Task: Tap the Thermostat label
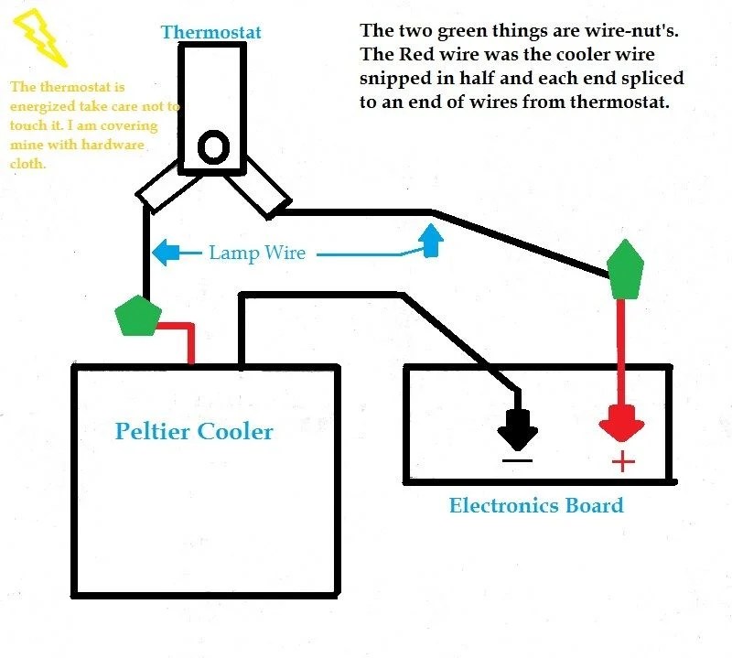point(210,32)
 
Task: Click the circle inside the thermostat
point(214,147)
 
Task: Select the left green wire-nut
point(138,316)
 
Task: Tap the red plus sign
point(622,461)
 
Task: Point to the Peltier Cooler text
point(194,430)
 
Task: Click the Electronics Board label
point(536,504)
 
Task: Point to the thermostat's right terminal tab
point(263,191)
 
